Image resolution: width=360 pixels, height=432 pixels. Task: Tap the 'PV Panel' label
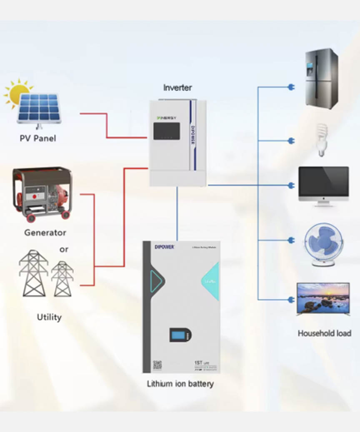pos(37,138)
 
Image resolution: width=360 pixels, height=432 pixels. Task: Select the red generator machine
pos(42,194)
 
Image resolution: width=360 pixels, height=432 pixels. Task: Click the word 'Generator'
pos(45,233)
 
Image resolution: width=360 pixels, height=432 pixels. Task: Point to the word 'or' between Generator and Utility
pos(64,250)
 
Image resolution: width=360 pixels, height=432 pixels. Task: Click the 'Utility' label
pos(49,317)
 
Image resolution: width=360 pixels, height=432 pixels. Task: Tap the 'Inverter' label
pos(177,88)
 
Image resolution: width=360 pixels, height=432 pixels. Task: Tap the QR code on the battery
pos(157,365)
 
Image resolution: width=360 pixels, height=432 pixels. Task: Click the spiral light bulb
pos(321,139)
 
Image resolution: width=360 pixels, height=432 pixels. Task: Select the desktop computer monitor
pos(324,185)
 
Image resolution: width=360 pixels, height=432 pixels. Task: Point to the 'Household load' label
pos(324,333)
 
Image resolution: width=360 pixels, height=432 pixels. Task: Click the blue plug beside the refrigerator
pos(290,87)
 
